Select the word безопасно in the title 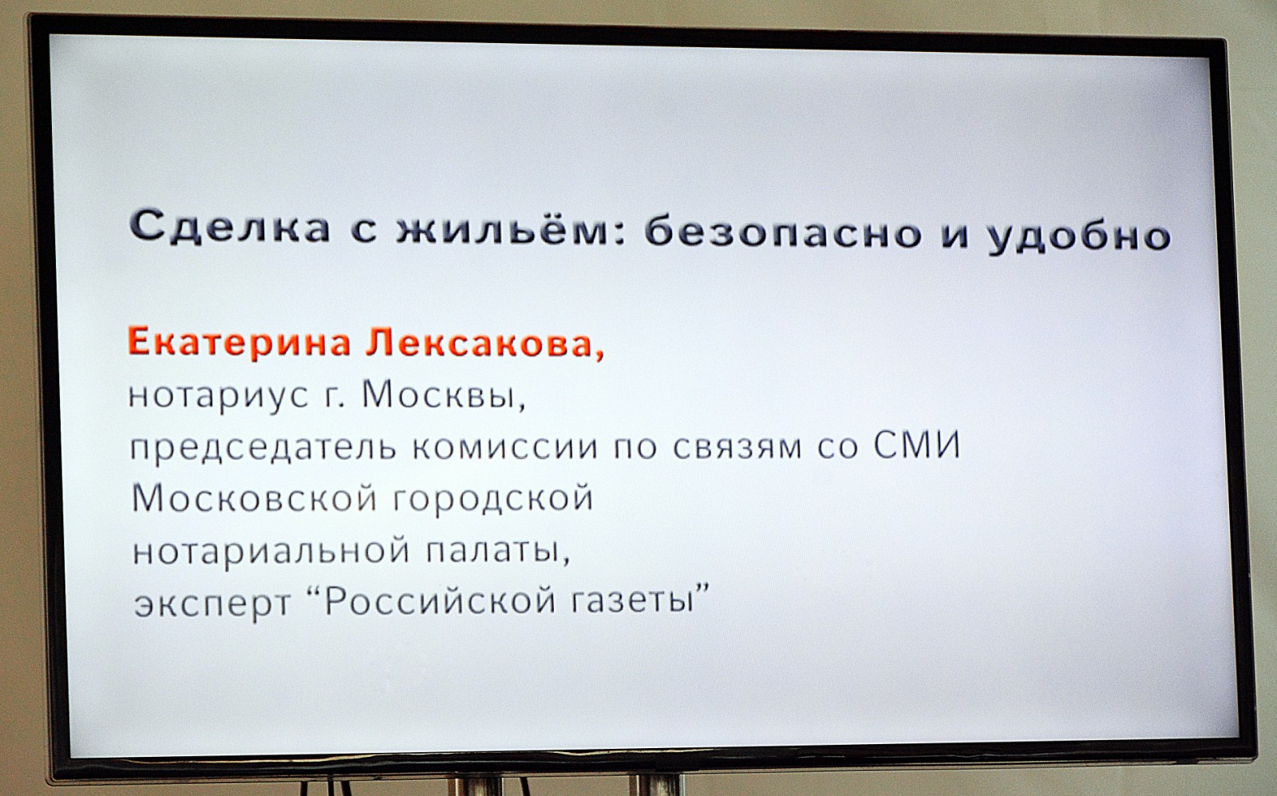pos(783,232)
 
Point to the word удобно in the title pos(1078,236)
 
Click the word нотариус pos(219,396)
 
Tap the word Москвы pos(443,394)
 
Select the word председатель pos(263,447)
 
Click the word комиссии pos(505,448)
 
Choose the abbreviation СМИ pos(917,445)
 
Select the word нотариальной pos(271,551)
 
